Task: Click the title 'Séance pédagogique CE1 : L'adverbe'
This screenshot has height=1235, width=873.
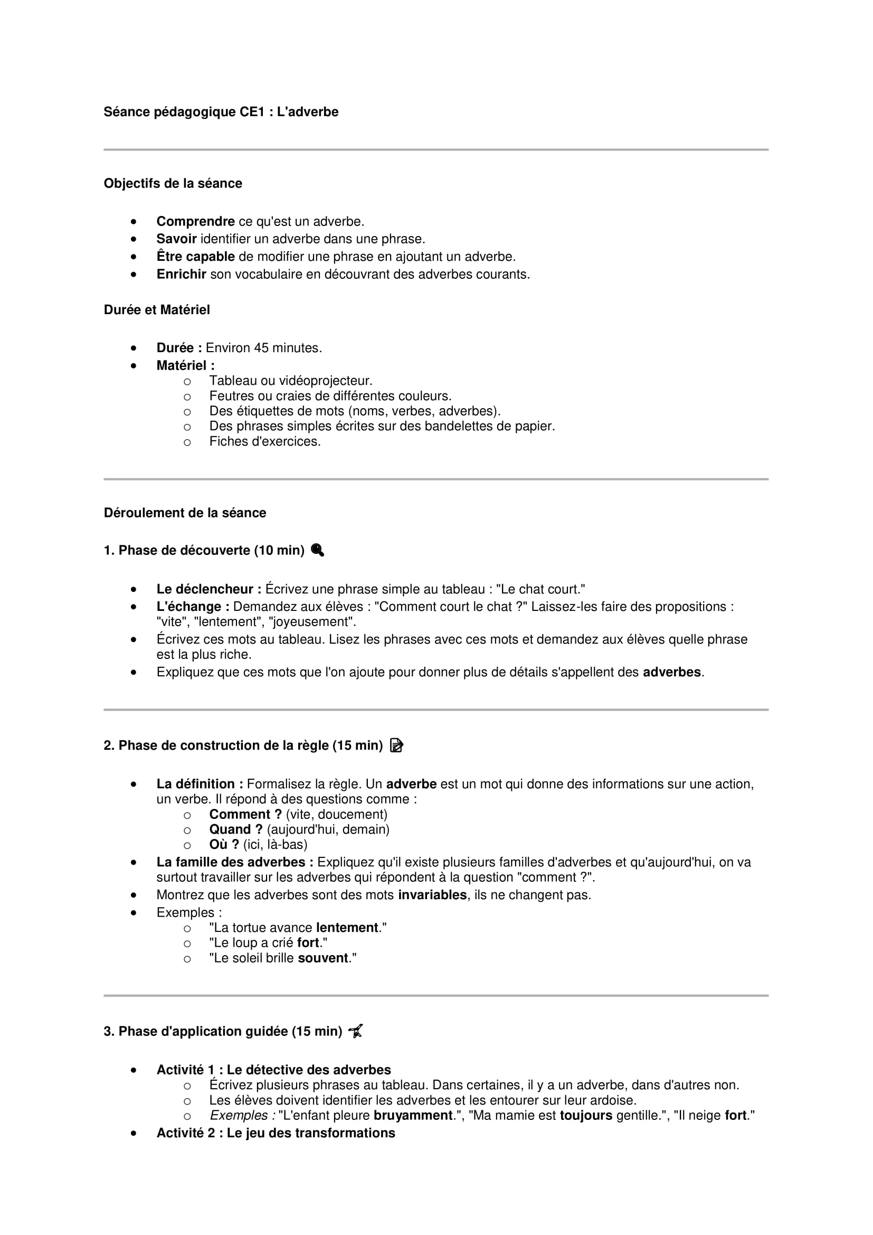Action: click(221, 112)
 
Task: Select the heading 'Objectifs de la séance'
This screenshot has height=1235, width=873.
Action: click(173, 183)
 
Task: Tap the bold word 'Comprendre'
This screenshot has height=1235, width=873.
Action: click(195, 222)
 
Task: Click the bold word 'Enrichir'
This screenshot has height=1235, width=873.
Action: click(181, 275)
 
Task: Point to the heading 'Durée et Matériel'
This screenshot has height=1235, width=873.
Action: click(156, 310)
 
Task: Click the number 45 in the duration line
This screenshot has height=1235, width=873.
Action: click(261, 348)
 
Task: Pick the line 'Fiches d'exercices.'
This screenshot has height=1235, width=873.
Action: click(264, 441)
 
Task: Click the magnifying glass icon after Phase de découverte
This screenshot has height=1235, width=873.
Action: click(318, 550)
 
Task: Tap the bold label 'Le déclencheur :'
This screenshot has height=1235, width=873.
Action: click(208, 590)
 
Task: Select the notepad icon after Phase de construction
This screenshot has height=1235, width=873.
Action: click(396, 746)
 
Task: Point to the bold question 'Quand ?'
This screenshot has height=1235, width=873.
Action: click(235, 829)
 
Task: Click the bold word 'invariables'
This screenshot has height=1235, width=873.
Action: click(432, 895)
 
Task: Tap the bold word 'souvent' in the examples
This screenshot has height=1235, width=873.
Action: click(323, 958)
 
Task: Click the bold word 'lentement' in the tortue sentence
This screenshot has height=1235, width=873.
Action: click(347, 928)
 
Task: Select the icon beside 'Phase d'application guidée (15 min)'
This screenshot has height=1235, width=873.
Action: click(355, 1032)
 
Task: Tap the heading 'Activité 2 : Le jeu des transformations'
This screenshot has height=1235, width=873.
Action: click(275, 1133)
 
